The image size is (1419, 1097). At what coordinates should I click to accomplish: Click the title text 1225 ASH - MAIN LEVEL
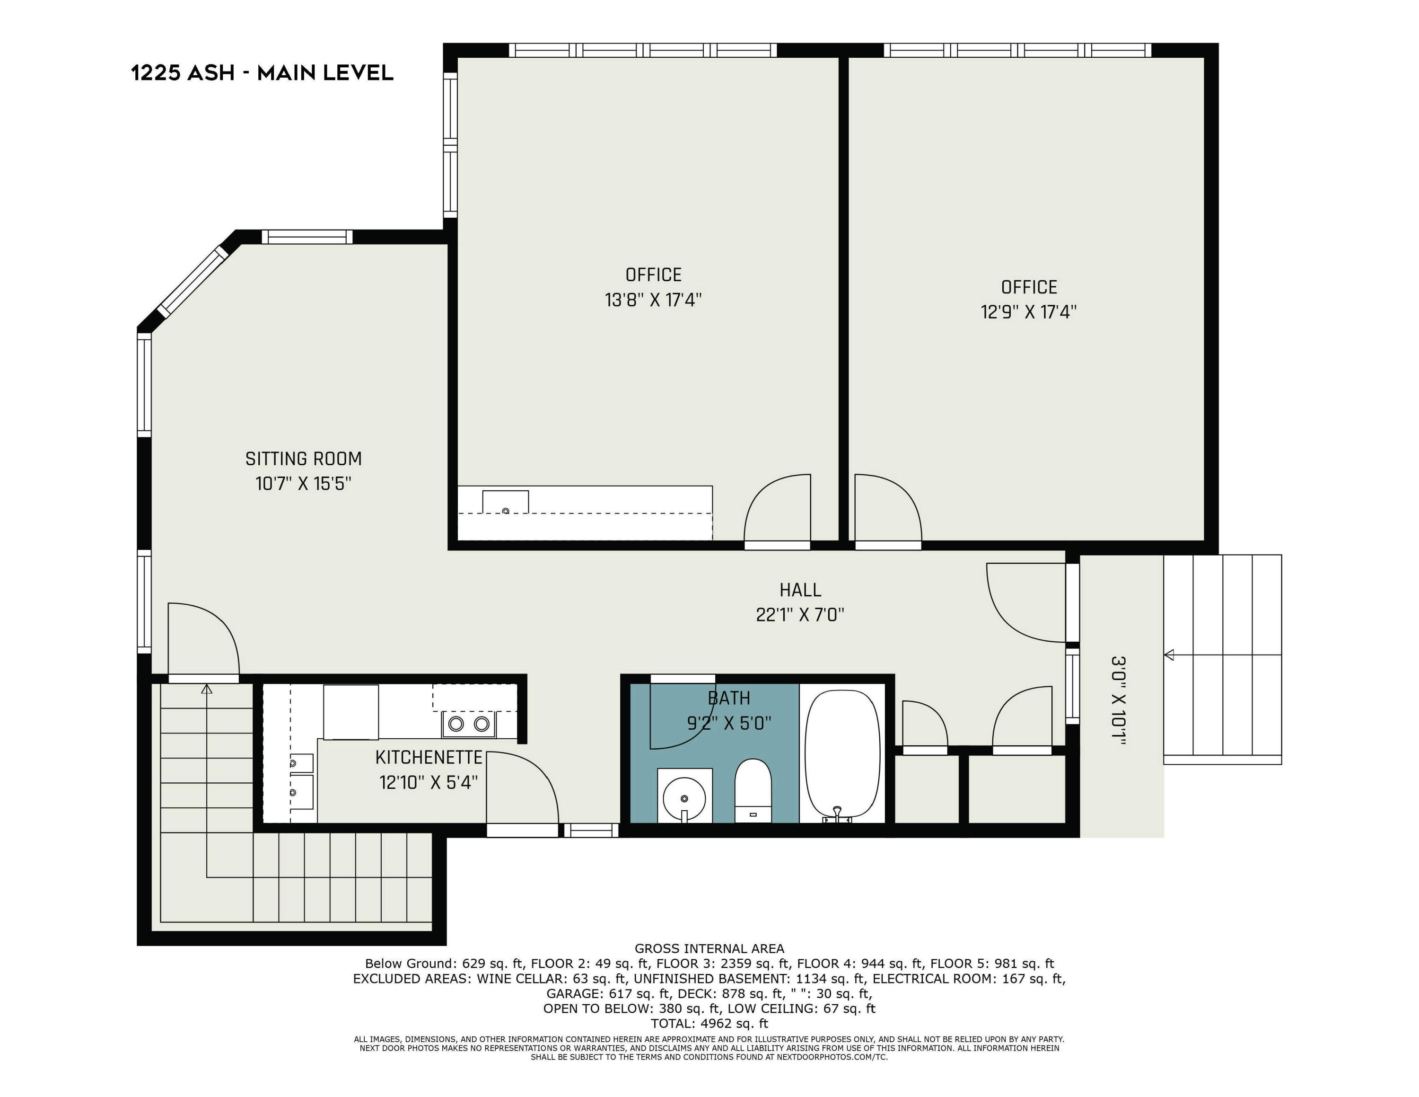pos(262,73)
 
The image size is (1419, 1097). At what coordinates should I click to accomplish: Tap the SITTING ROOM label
pos(303,459)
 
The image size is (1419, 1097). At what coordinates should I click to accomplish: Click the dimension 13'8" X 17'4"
pos(653,300)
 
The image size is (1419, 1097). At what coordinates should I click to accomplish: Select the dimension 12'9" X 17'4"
pos(1028,312)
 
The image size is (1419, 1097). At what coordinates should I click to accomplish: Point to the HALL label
pos(800,590)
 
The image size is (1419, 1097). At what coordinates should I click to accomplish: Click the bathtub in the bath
pos(842,754)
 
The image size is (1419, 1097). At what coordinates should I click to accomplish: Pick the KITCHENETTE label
pos(429,758)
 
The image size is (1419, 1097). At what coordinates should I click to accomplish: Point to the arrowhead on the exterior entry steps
pos(1169,655)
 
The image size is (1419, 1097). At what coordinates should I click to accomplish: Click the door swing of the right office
pos(887,507)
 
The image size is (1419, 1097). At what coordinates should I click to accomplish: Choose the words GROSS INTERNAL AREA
pos(709,948)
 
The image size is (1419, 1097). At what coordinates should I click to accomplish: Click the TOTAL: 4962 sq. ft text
pos(709,1024)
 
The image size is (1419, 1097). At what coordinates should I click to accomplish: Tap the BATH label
pos(728,699)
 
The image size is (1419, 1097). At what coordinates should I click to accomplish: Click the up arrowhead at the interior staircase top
pos(207,689)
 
